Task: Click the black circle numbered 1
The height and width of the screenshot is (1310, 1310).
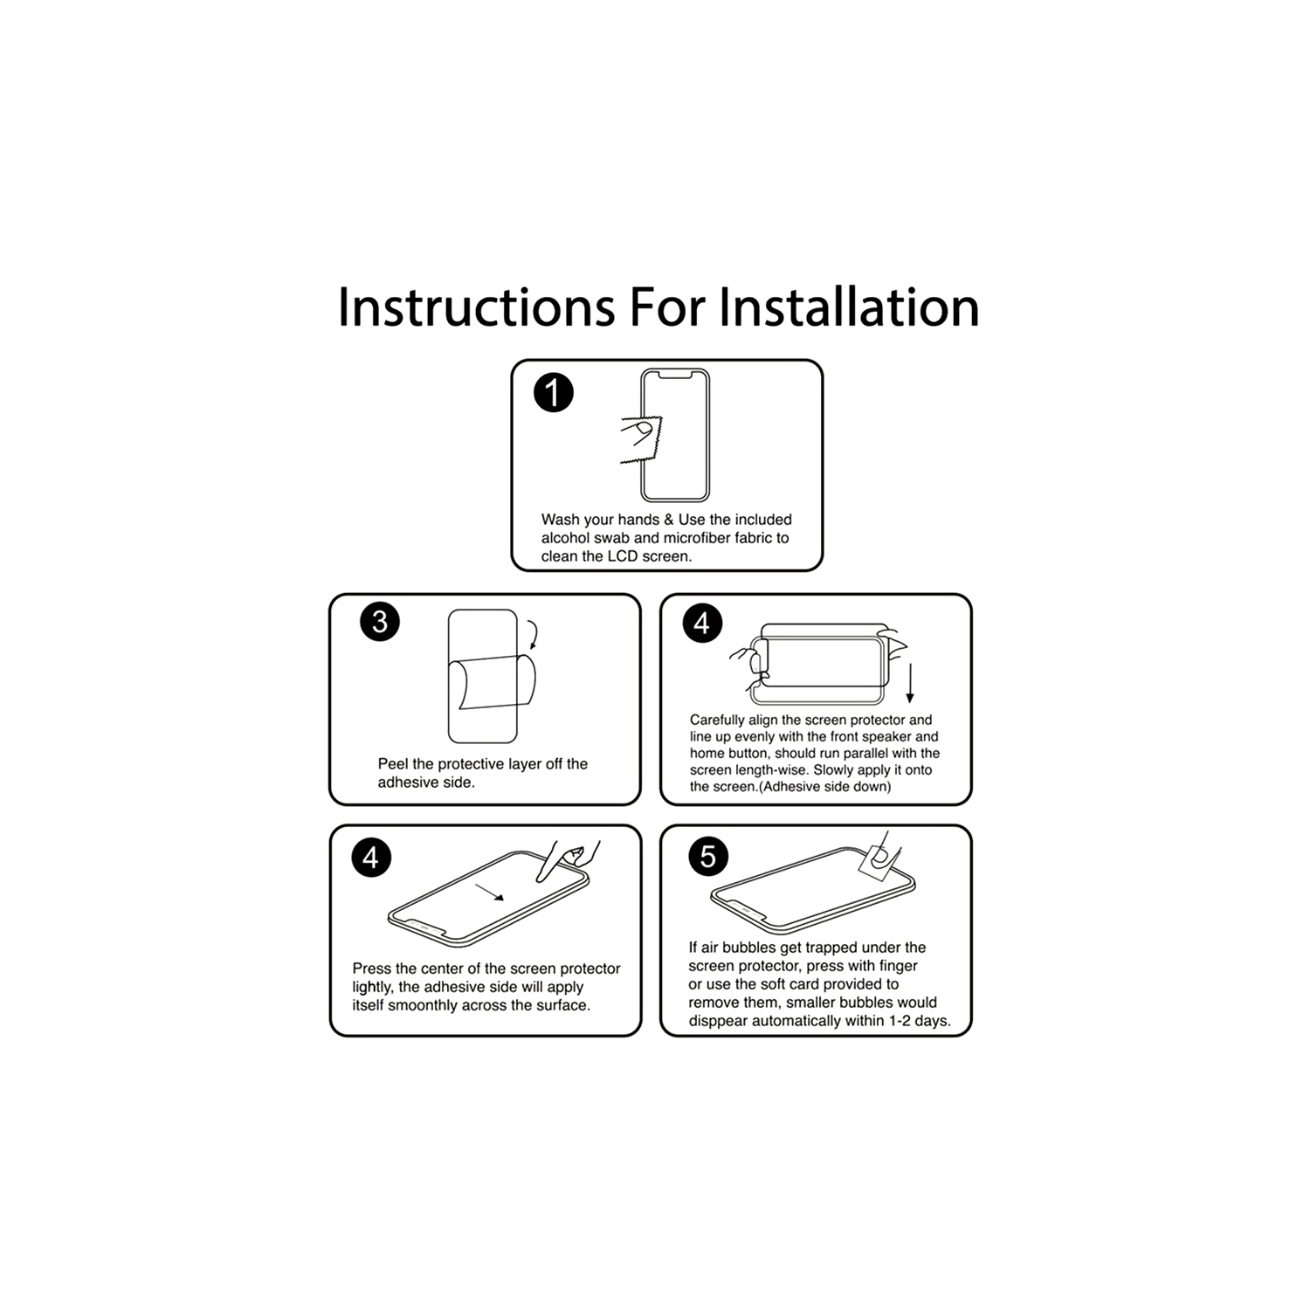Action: point(554,393)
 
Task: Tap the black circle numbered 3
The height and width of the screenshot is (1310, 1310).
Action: point(380,622)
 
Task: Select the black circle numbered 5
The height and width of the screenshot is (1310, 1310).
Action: point(708,857)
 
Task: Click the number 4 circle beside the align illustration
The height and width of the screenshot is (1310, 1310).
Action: point(702,624)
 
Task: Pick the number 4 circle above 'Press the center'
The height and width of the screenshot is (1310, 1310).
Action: point(371,858)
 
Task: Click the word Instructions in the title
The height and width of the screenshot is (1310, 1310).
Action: point(476,307)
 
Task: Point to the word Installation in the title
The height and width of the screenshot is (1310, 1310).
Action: point(849,307)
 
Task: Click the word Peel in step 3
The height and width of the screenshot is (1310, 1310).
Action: point(393,764)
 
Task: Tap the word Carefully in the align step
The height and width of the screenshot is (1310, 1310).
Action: point(718,720)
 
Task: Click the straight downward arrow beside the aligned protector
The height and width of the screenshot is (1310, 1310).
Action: point(910,684)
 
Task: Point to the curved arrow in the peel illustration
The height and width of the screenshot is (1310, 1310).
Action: point(532,635)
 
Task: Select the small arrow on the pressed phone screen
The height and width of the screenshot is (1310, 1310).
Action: point(489,892)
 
